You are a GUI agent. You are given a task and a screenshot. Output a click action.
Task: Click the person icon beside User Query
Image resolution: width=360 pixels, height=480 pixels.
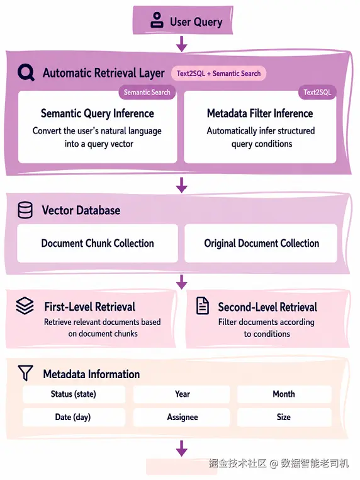157,20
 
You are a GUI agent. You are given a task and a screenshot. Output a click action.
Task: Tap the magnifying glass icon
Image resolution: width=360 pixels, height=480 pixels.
26,72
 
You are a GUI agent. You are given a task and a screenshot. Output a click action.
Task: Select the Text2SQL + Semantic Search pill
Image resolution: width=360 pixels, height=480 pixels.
218,74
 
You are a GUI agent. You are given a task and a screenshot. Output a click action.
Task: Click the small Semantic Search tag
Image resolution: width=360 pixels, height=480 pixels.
147,92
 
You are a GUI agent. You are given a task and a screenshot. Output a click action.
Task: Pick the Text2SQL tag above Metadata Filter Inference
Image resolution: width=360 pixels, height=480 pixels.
317,92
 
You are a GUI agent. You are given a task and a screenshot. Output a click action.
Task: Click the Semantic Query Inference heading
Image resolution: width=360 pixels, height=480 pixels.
98,113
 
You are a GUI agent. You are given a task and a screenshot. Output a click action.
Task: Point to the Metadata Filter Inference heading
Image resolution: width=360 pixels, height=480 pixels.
260,113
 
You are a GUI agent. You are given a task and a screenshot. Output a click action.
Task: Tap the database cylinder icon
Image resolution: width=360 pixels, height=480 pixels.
25,210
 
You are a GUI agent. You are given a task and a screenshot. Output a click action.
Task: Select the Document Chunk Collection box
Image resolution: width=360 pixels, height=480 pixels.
98,243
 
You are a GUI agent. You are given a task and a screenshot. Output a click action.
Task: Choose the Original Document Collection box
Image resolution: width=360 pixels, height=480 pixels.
261,243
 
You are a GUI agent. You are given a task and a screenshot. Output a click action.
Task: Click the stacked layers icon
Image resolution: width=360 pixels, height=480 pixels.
25,306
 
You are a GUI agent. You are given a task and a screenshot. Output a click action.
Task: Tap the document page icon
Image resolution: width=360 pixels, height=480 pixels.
203,306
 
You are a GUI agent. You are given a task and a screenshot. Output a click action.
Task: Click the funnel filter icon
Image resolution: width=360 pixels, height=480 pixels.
25,372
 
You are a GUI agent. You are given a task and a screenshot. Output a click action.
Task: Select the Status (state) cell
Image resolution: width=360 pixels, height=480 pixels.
74,394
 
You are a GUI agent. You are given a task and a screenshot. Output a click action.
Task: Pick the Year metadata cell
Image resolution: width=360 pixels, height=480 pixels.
182,394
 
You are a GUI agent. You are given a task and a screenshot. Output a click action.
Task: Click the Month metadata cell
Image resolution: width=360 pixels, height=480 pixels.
284,394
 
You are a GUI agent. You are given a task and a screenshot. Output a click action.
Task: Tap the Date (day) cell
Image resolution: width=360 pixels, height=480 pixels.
74,417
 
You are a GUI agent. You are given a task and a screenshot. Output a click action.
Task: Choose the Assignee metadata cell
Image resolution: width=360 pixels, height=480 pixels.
182,417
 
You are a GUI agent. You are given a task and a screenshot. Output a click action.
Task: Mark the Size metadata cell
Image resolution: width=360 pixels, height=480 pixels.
284,417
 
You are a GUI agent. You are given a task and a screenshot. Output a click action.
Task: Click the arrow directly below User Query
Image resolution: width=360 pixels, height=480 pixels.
182,43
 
